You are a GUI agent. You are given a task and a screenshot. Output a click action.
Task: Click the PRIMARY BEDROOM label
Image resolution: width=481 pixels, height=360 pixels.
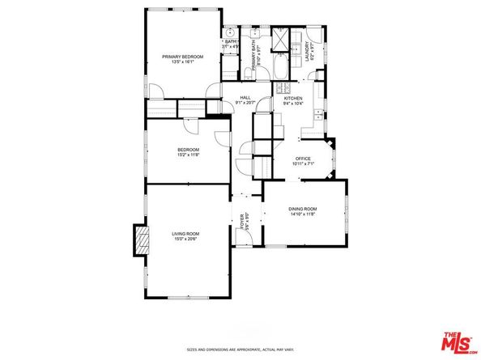click(181, 56)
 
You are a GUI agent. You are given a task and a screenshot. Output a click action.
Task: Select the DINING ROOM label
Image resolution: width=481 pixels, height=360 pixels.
click(304, 210)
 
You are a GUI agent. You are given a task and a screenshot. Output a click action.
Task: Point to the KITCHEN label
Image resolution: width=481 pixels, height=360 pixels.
click(292, 98)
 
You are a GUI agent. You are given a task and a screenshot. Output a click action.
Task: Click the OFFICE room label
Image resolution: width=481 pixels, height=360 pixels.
click(303, 158)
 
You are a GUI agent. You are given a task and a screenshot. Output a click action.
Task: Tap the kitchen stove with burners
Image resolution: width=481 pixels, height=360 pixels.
click(284, 87)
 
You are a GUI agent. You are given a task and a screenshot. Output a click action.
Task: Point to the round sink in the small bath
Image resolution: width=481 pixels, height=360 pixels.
click(228, 34)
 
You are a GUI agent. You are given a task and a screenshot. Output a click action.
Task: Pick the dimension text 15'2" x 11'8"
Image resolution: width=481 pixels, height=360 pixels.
click(189, 155)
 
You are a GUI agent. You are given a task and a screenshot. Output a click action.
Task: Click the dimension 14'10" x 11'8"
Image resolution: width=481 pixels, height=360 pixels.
click(304, 215)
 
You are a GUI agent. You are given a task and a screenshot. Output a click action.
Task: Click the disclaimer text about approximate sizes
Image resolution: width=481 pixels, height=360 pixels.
click(240, 349)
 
